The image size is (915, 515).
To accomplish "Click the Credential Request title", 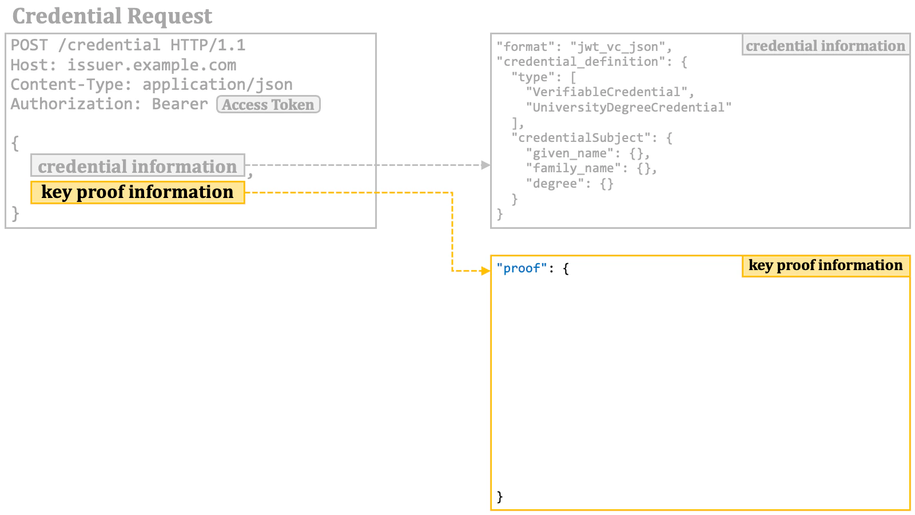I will (x=112, y=16).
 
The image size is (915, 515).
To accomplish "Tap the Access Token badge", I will (x=268, y=105).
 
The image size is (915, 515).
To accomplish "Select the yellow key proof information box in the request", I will (x=137, y=192).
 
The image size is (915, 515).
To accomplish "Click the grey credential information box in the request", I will (x=137, y=166).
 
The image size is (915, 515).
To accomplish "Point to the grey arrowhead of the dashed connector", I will (x=486, y=165).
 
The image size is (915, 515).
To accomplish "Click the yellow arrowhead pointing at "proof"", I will (x=486, y=270).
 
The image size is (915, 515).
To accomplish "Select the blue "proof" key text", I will (x=522, y=268).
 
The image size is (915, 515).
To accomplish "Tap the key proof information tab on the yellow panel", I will (x=825, y=266).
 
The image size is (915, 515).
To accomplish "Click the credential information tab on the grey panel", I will (x=825, y=46).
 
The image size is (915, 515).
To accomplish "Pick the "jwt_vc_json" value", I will (x=618, y=47).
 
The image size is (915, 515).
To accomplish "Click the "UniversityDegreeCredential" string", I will (x=628, y=108).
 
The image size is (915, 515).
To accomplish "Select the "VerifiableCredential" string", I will (x=606, y=92).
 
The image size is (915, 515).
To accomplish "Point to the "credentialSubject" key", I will (x=580, y=138).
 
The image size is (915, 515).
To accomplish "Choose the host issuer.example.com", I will (x=152, y=65).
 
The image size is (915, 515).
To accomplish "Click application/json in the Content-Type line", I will (x=217, y=85).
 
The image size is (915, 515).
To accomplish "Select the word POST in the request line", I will (x=29, y=45).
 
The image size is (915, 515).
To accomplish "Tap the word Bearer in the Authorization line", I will (x=180, y=104).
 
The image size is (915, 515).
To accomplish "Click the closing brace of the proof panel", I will (x=500, y=496).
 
